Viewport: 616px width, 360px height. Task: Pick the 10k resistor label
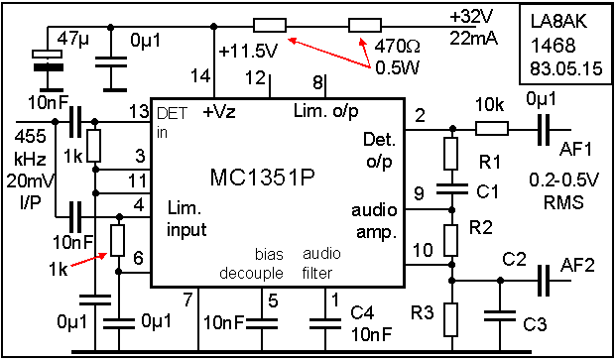click(x=491, y=102)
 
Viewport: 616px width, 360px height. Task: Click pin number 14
click(x=201, y=76)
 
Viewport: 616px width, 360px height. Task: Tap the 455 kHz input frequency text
click(x=26, y=145)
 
